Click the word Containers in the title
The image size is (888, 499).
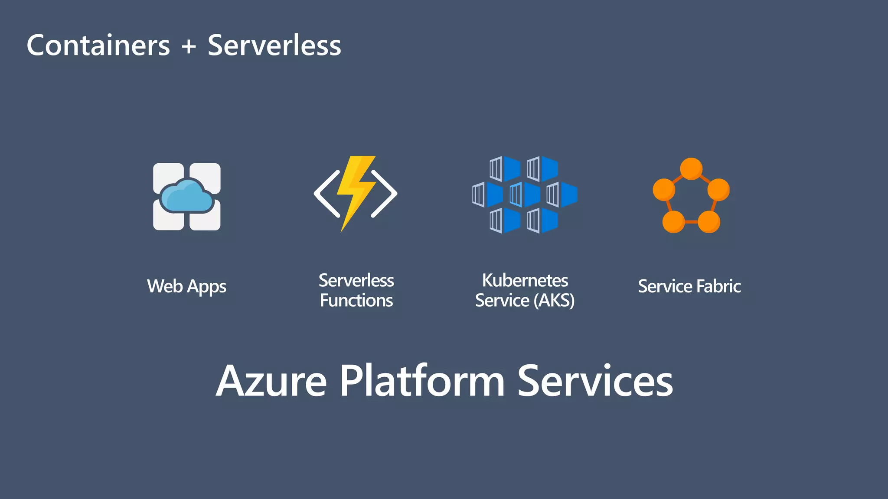click(98, 45)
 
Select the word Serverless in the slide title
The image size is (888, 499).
click(274, 45)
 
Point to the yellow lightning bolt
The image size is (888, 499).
click(356, 191)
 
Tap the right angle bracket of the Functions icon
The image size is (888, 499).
click(384, 194)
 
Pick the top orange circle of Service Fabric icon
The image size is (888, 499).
click(691, 168)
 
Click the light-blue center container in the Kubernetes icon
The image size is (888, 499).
click(516, 195)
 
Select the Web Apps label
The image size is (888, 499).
click(186, 286)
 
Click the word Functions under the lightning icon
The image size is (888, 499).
click(356, 301)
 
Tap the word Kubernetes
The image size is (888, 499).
click(525, 281)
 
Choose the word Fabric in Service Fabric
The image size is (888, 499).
click(718, 286)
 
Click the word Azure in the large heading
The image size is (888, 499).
click(271, 381)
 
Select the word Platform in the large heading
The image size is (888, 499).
click(422, 381)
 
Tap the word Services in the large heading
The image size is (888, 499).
click(595, 381)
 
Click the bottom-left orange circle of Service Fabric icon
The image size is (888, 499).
click(673, 222)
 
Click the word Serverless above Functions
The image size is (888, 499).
click(356, 281)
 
